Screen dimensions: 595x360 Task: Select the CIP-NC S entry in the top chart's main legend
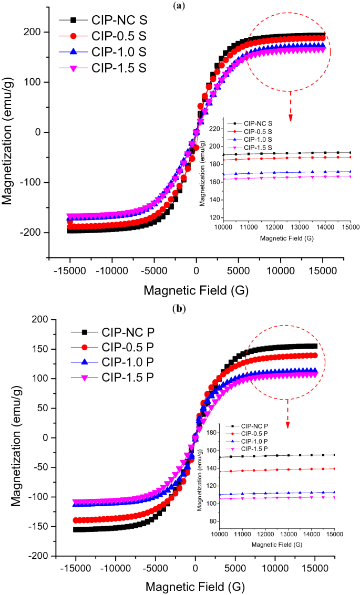119,20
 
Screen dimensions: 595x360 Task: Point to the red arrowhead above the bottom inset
287,411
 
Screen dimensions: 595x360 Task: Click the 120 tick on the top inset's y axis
214,217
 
